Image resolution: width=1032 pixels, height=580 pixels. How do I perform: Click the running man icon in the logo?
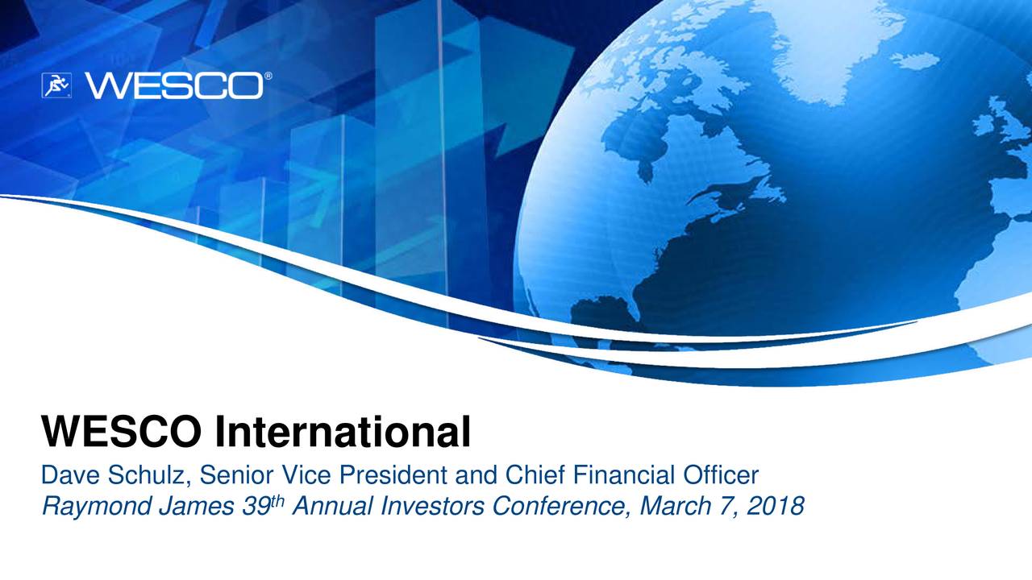point(57,85)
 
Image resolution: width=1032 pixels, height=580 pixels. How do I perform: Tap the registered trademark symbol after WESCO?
point(267,77)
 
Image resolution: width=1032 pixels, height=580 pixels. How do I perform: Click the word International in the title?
point(343,433)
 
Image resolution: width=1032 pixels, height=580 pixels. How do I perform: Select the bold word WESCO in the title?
point(122,433)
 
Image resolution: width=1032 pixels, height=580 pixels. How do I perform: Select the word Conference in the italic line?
point(556,507)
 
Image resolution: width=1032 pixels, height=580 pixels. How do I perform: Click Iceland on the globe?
point(915,60)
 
